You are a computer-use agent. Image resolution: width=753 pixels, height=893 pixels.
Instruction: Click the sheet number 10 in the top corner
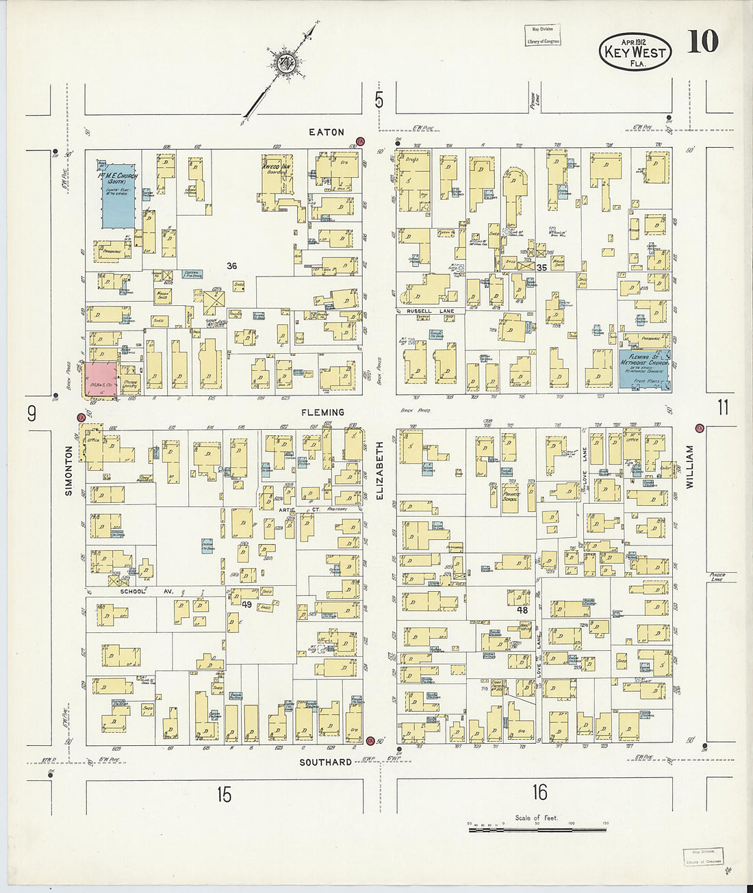point(702,42)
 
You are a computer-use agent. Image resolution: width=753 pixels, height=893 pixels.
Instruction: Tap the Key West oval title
point(635,51)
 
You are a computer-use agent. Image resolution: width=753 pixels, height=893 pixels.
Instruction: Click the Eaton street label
point(326,132)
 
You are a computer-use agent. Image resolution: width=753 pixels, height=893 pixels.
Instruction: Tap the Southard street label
point(326,762)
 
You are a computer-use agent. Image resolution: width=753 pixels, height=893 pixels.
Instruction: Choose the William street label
point(689,467)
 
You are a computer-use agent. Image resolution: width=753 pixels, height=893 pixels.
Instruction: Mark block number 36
point(232,266)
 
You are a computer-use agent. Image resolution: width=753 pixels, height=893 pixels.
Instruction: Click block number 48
point(522,610)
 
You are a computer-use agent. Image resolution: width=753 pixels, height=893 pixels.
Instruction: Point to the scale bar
point(537,829)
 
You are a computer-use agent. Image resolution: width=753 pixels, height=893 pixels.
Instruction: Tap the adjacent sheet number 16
point(539,792)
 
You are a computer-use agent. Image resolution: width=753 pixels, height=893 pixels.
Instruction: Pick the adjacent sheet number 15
point(224,794)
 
